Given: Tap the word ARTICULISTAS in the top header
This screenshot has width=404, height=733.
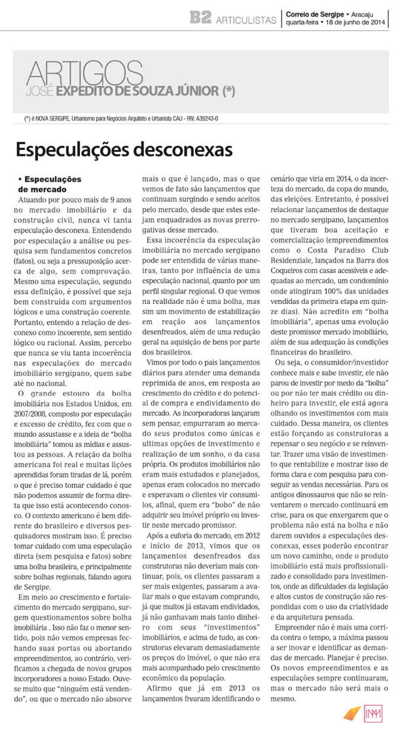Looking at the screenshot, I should (247, 20).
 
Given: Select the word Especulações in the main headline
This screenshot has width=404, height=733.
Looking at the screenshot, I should (72, 150).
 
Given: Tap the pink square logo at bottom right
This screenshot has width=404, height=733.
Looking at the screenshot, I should (375, 713).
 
